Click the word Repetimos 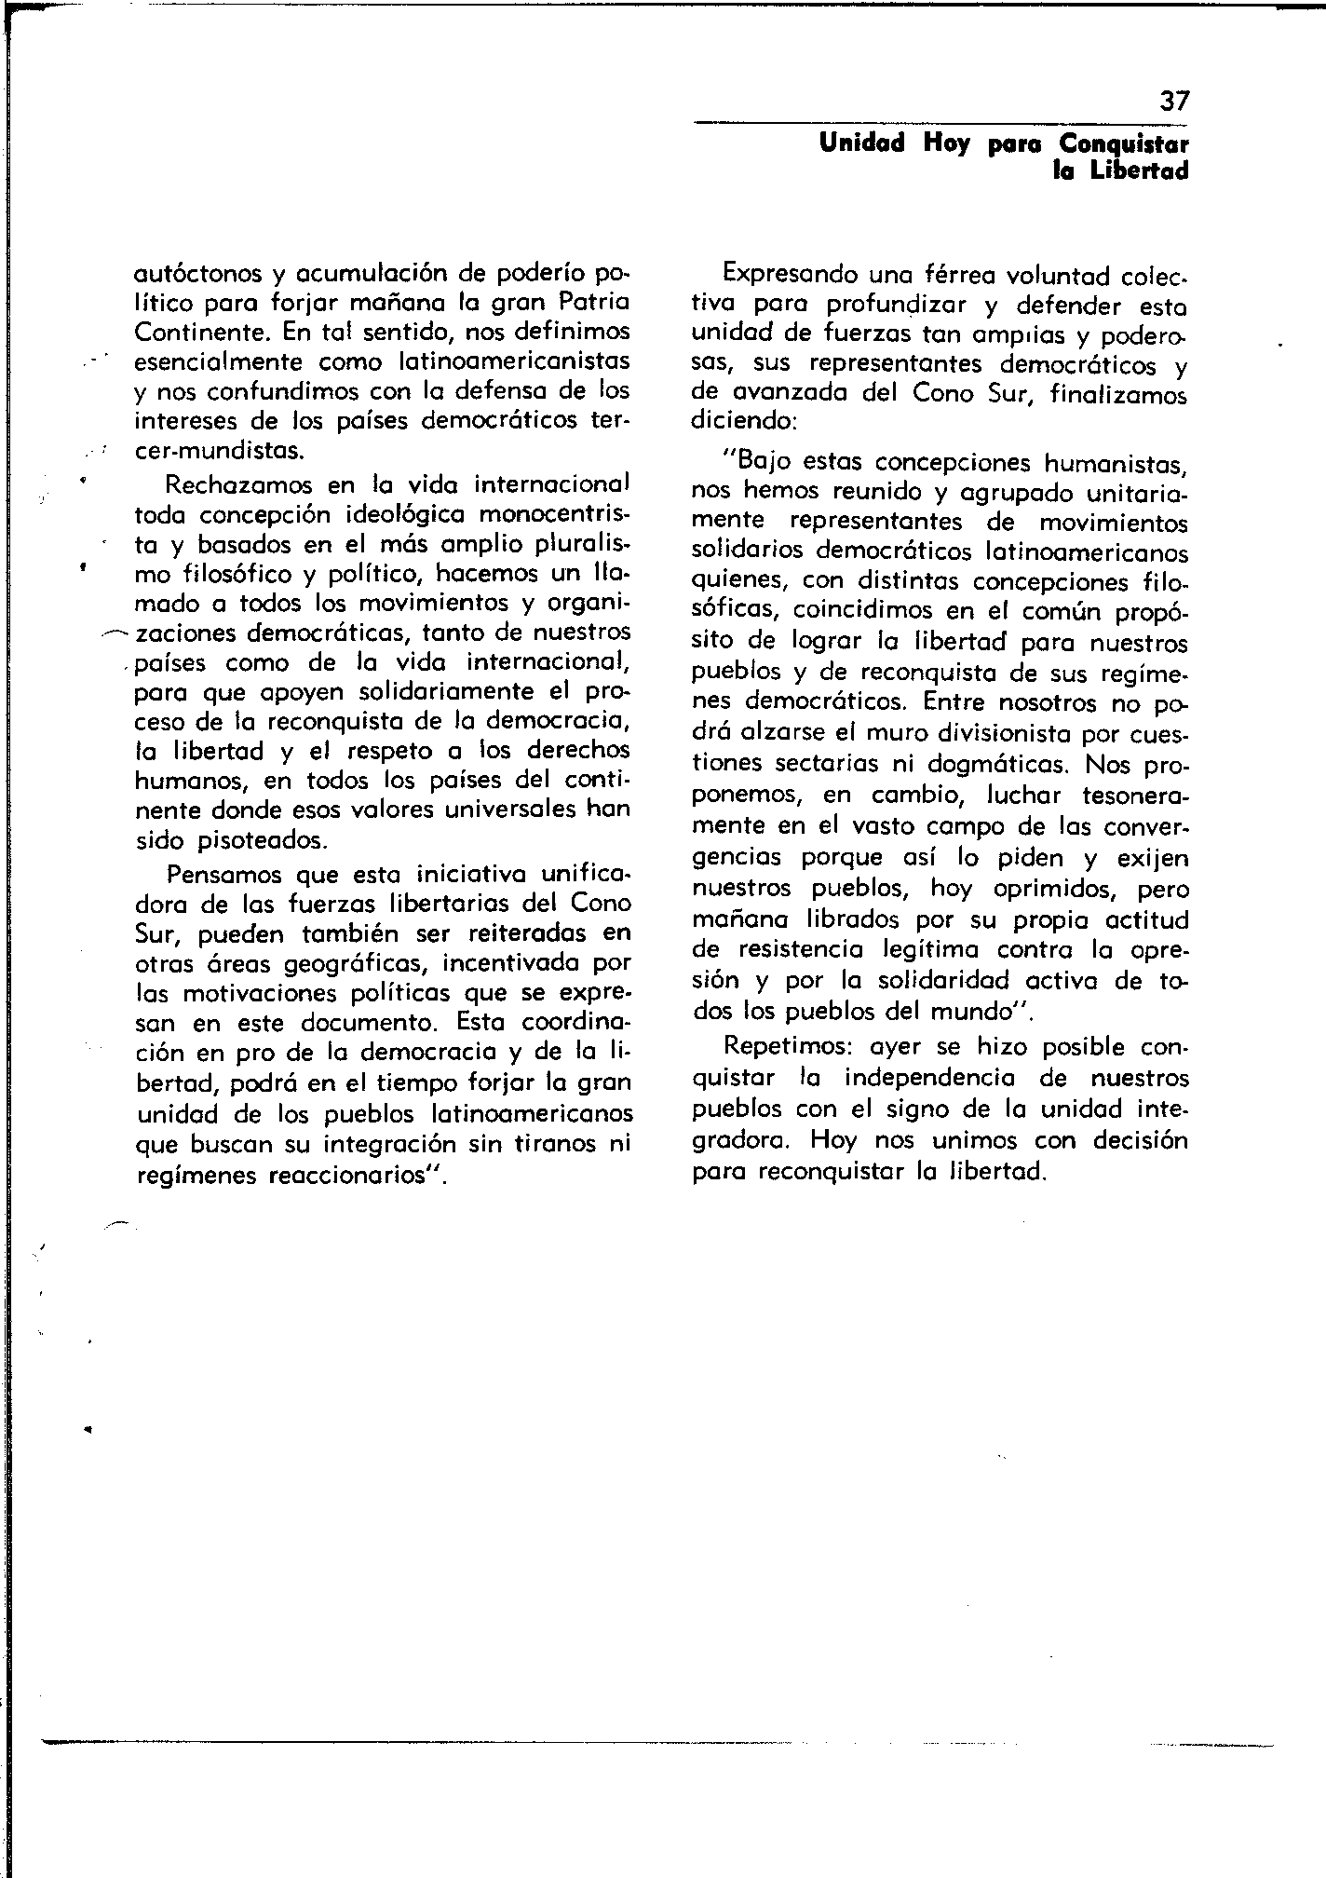783,1046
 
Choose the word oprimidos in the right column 1051,888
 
